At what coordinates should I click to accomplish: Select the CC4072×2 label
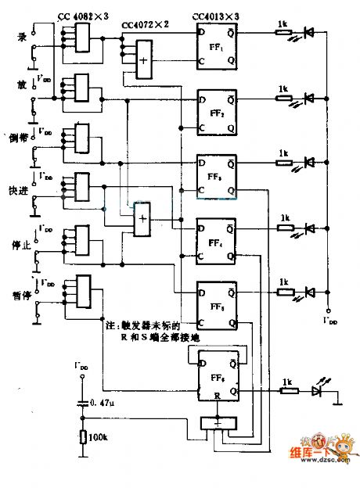click(x=149, y=26)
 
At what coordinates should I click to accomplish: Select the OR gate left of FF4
click(x=142, y=221)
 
